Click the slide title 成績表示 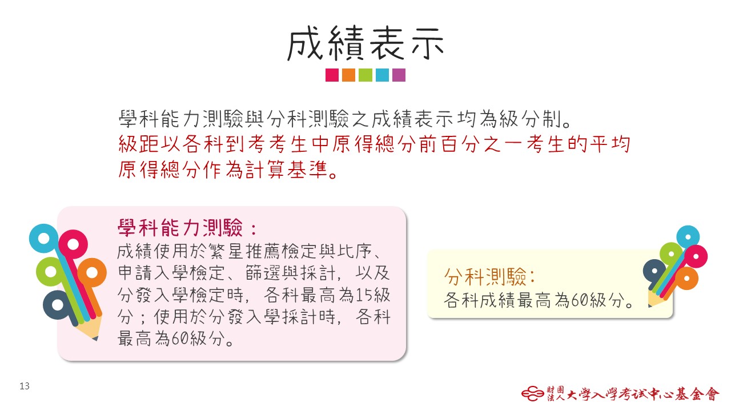click(365, 44)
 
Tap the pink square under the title click(332, 75)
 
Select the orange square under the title click(348, 75)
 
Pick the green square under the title click(365, 75)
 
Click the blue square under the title click(382, 75)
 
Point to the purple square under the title click(399, 75)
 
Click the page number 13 click(25, 386)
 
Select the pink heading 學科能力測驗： click(187, 228)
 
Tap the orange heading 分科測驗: click(489, 277)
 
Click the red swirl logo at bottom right click(533, 393)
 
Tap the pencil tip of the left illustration click(95, 339)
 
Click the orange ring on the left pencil click(92, 273)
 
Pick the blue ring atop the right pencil click(688, 237)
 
